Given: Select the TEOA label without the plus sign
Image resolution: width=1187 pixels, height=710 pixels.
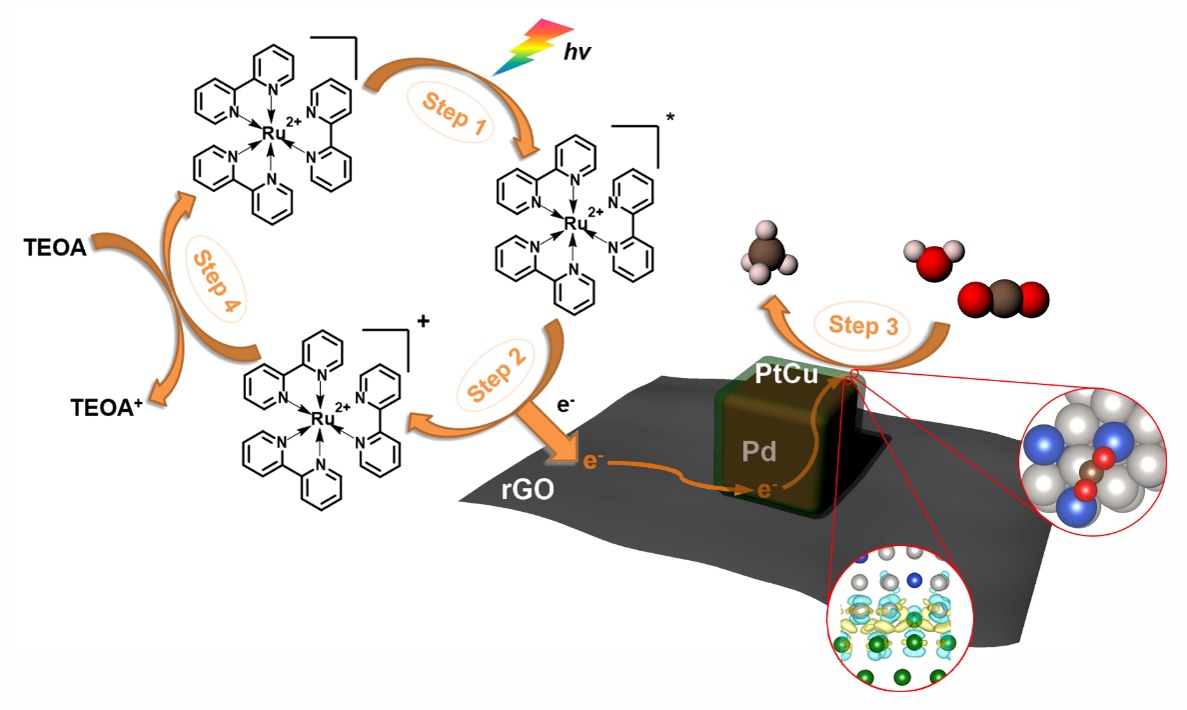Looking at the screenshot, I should [x=54, y=246].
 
